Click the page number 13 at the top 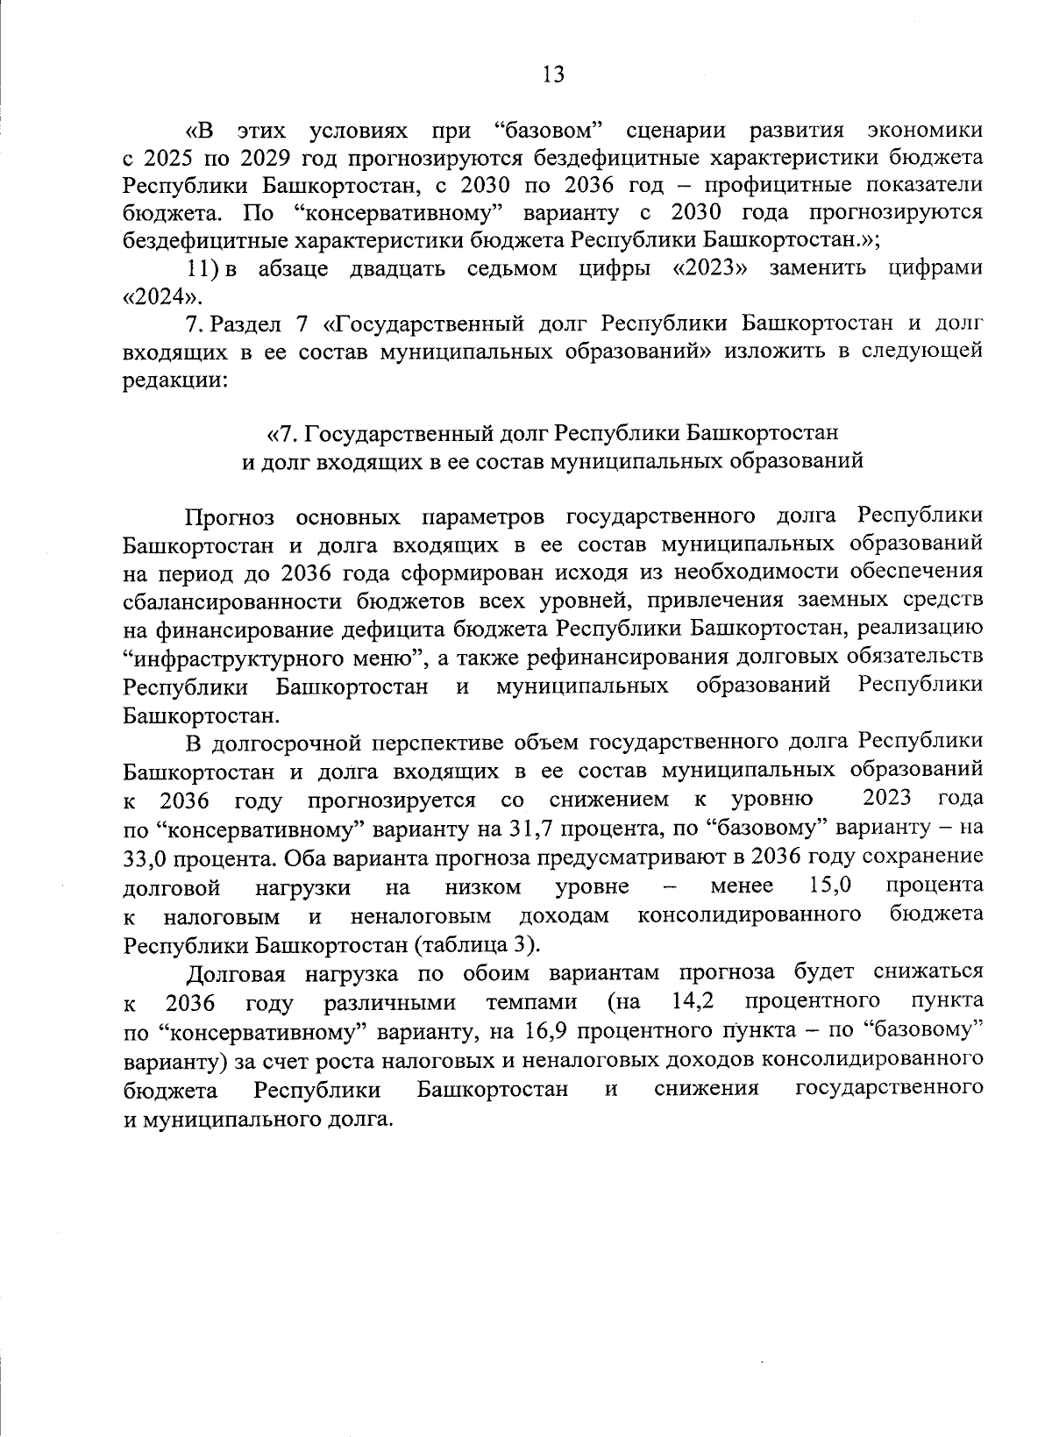tap(553, 75)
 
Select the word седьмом tap(517, 268)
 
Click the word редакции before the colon tap(173, 381)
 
